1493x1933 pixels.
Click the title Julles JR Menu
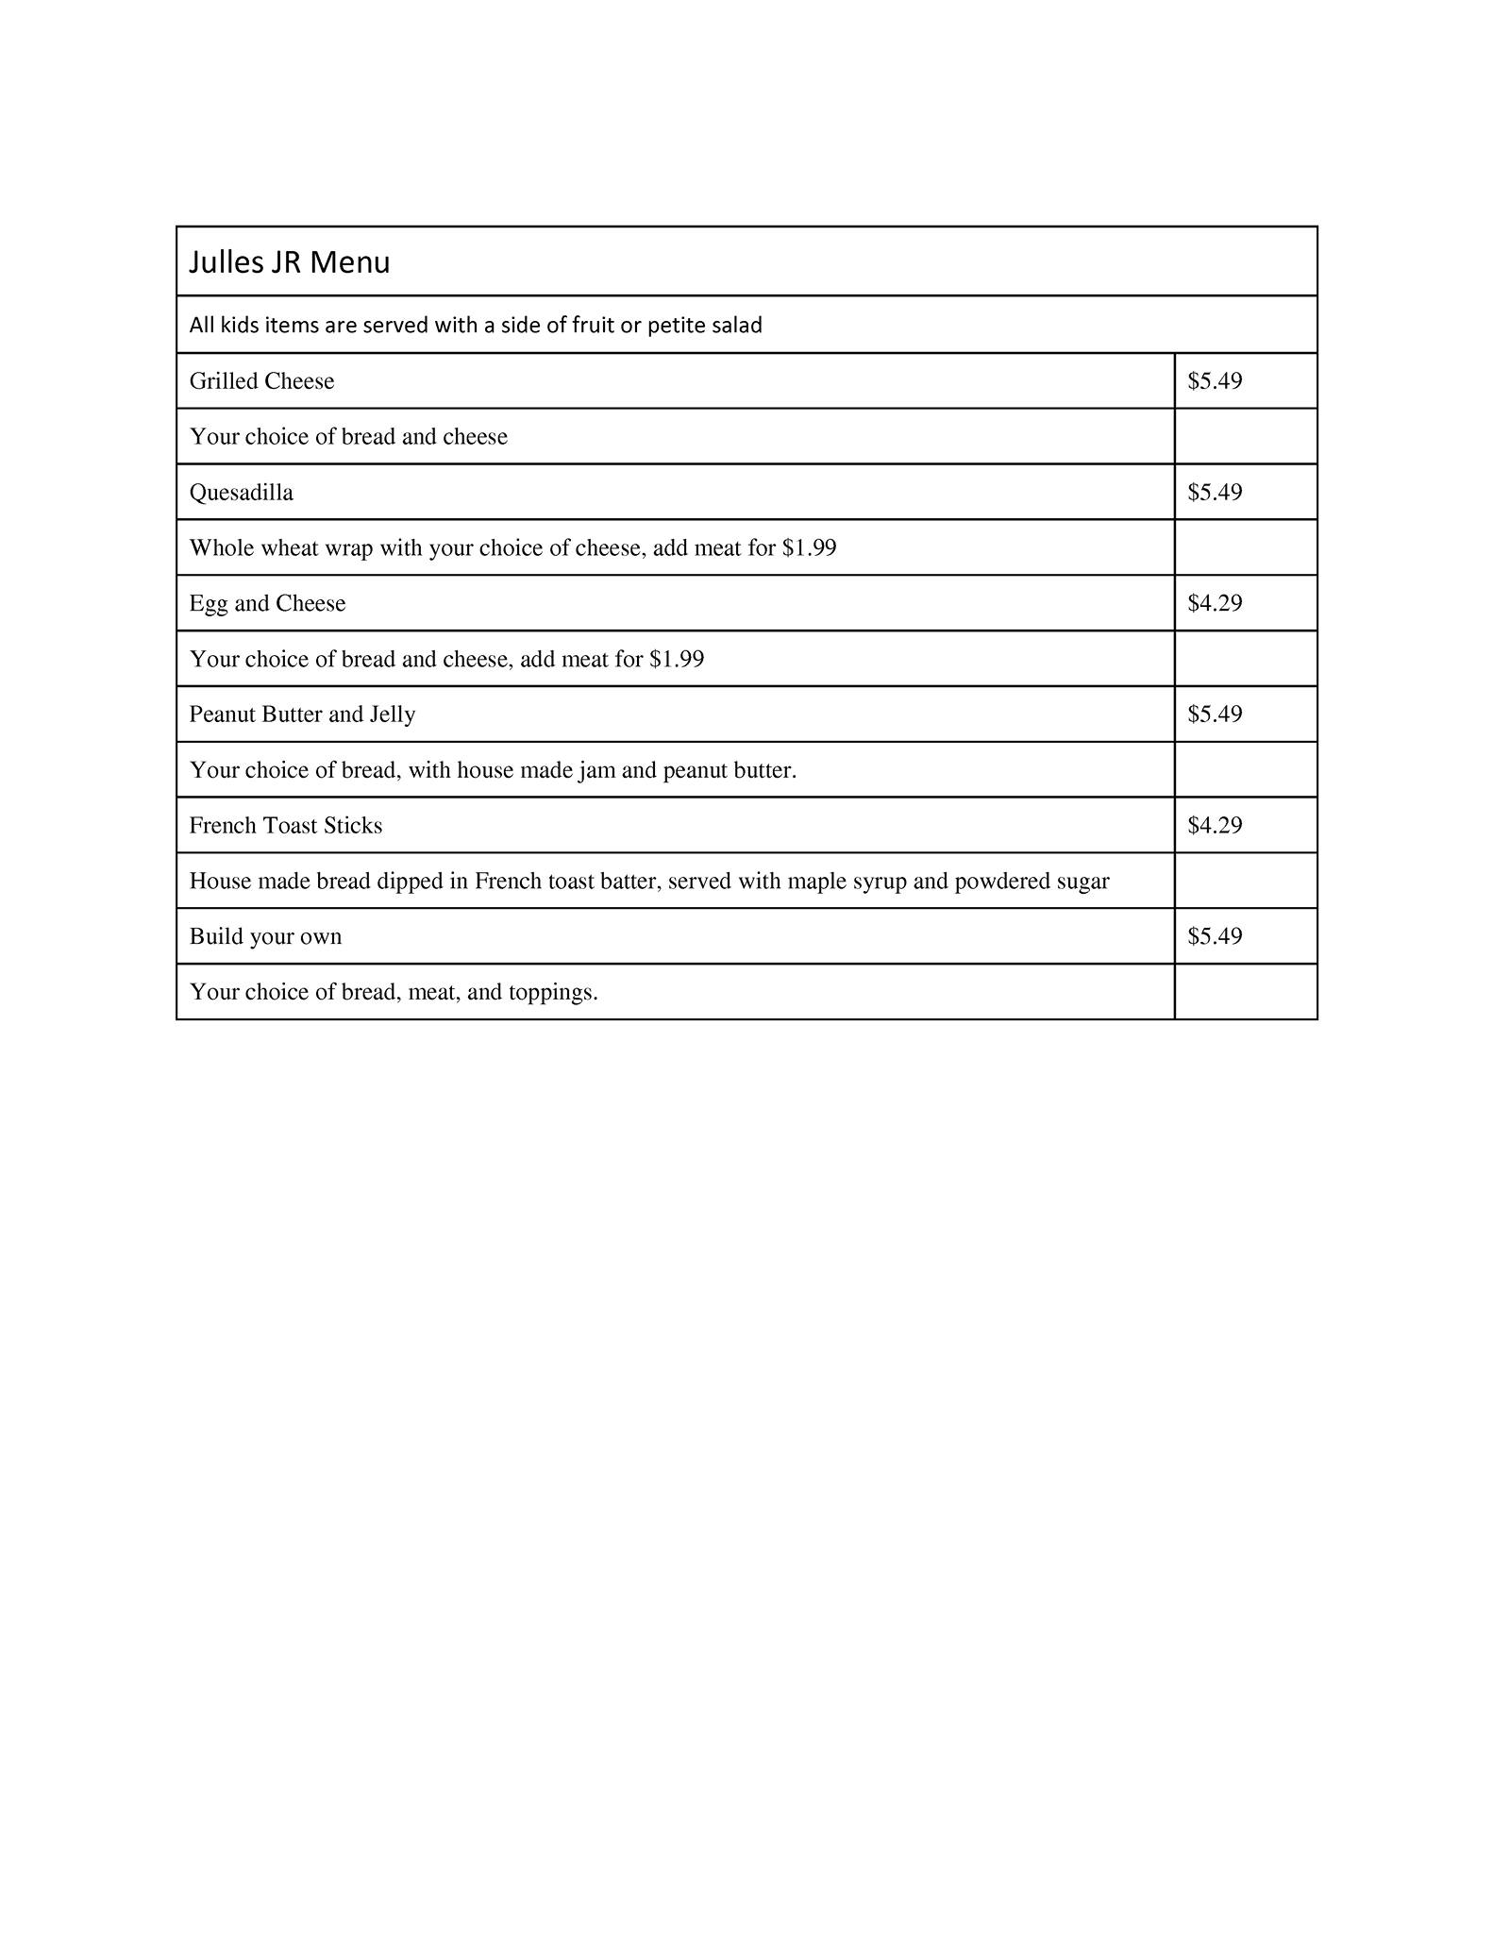click(x=289, y=262)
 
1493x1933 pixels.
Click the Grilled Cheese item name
click(x=261, y=381)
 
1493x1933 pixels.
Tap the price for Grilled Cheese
click(x=1215, y=381)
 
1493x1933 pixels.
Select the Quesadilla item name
click(x=241, y=493)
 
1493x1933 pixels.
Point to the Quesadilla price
click(x=1215, y=493)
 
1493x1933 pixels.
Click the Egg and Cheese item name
click(x=267, y=604)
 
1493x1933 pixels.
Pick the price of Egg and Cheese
click(x=1215, y=604)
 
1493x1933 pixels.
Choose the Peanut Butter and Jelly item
click(x=302, y=714)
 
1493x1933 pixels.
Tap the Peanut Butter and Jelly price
click(x=1215, y=714)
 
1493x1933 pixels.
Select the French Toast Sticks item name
click(x=285, y=826)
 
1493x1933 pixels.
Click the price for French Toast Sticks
click(x=1215, y=826)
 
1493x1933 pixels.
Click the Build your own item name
click(x=265, y=937)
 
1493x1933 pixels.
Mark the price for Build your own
click(x=1215, y=937)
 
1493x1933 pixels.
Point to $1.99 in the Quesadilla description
click(x=809, y=548)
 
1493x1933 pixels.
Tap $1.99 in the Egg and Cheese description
click(x=677, y=660)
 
